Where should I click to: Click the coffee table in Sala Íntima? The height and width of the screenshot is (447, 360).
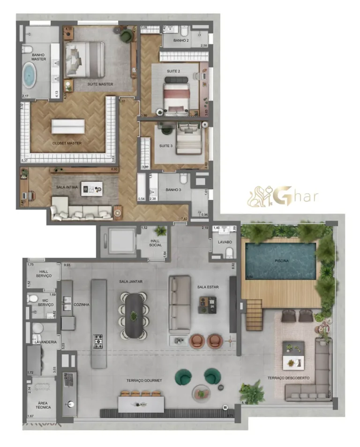[x=91, y=189]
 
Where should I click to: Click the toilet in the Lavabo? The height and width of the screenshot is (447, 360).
[x=229, y=253]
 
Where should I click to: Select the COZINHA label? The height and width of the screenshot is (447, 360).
[x=81, y=305]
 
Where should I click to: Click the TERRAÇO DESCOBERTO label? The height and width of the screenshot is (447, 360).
[x=288, y=378]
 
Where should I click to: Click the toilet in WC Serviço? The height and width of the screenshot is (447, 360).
[x=33, y=298]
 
